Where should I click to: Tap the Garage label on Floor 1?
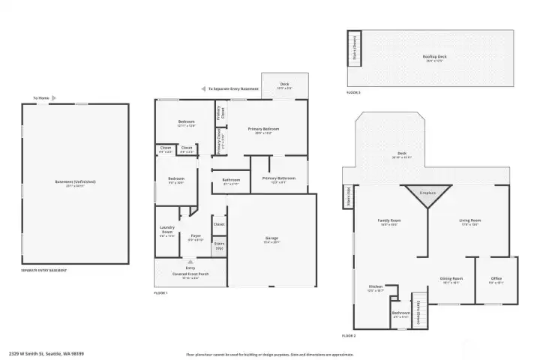pos(271,239)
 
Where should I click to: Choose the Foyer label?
pos(195,236)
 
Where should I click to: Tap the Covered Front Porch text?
pos(190,274)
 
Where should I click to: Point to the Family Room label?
pos(390,220)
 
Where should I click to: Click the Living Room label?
pos(469,220)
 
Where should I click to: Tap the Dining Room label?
pos(450,278)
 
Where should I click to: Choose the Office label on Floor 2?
pos(496,279)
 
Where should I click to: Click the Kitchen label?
pos(376,287)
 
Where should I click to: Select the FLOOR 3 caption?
pos(354,92)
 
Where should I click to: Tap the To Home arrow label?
pos(41,97)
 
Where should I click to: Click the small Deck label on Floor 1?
pos(284,84)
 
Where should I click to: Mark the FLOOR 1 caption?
pos(160,292)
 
